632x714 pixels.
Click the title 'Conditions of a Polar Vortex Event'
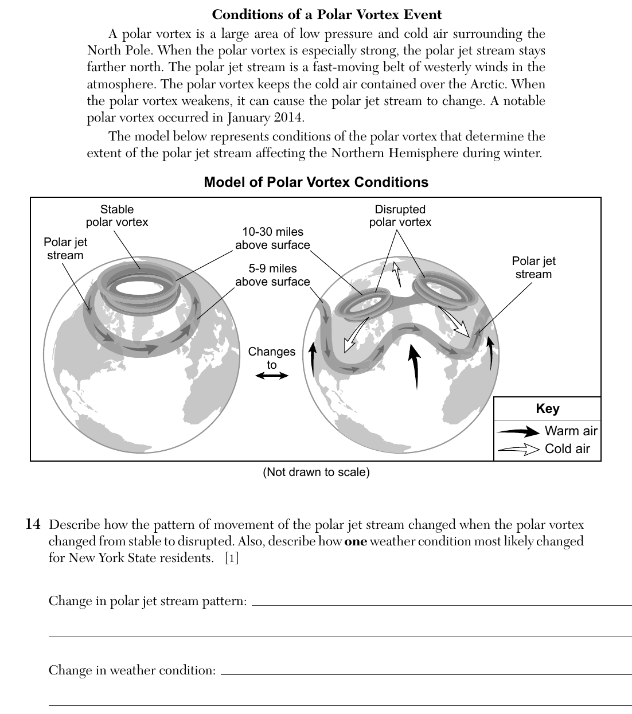point(326,14)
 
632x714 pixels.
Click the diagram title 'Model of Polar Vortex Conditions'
point(316,182)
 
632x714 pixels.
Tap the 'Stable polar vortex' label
point(117,216)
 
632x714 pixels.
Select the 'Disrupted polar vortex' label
point(400,216)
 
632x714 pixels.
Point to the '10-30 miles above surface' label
point(272,238)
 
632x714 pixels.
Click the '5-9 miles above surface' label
point(272,275)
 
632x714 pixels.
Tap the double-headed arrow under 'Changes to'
point(272,376)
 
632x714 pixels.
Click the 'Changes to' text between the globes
point(272,358)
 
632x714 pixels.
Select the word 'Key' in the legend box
point(547,408)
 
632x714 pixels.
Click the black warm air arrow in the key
point(518,431)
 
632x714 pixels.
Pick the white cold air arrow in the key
point(518,450)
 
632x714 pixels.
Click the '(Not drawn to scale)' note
point(316,472)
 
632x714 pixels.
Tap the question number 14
point(33,524)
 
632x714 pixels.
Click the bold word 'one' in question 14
point(356,541)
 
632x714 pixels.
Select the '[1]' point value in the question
point(232,558)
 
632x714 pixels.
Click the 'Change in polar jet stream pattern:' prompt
point(148,601)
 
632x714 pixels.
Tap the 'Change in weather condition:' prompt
point(132,670)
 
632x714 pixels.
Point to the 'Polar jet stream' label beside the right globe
point(533,267)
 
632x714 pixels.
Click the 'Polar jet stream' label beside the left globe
point(65,248)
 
